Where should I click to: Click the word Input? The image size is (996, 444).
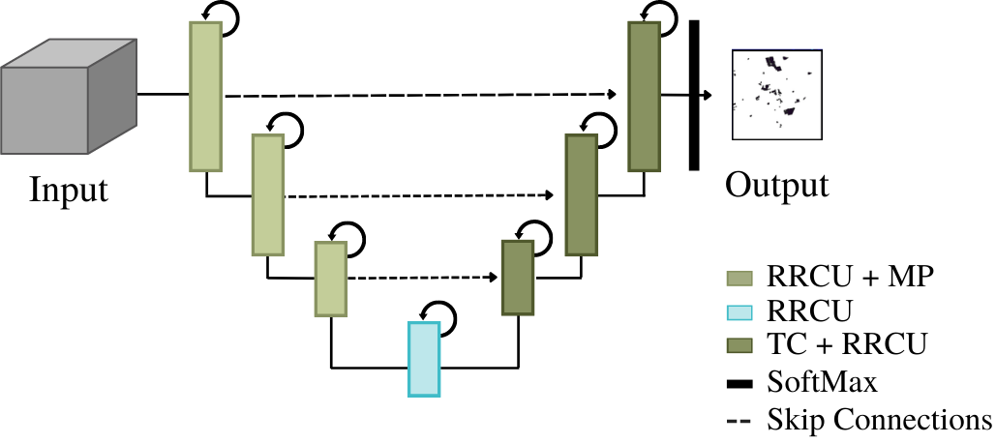pyautogui.click(x=69, y=188)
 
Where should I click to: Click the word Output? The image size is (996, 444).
pyautogui.click(x=777, y=184)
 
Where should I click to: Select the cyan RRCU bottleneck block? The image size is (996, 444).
pyautogui.click(x=424, y=359)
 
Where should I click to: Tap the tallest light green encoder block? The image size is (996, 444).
pyautogui.click(x=205, y=97)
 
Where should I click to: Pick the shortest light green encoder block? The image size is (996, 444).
pyautogui.click(x=330, y=280)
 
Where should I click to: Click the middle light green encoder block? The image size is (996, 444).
pyautogui.click(x=267, y=194)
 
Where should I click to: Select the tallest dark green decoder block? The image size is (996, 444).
pyautogui.click(x=644, y=97)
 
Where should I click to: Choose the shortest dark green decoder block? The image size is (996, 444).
pyautogui.click(x=518, y=278)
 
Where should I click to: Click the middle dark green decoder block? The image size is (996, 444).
pyautogui.click(x=581, y=194)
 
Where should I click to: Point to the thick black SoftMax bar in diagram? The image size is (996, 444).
pyautogui.click(x=694, y=95)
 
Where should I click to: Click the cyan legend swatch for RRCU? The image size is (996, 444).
pyautogui.click(x=739, y=311)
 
